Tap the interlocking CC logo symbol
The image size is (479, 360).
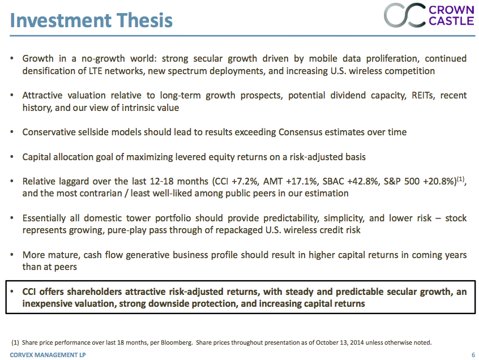coord(404,15)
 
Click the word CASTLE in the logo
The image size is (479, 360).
coord(451,21)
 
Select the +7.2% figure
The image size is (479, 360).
coord(246,181)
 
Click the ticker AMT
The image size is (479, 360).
coord(276,181)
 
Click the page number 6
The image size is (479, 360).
coord(473,355)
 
